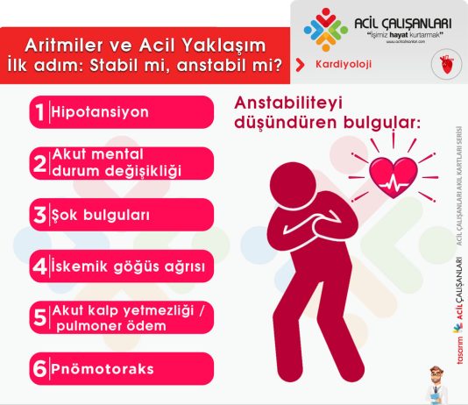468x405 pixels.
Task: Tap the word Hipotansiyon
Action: [100, 113]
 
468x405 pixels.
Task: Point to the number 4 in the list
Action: [38, 266]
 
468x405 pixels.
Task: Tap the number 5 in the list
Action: [38, 317]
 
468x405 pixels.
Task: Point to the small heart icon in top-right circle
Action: [445, 65]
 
